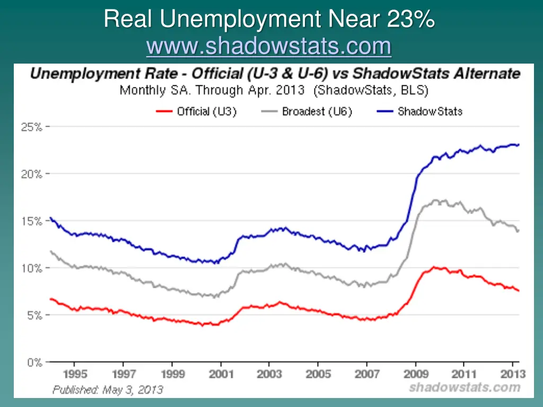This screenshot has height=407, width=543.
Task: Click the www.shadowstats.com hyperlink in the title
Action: coord(269,47)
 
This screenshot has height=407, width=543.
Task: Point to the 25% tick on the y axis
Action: coord(32,127)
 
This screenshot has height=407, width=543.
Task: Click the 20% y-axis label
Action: coord(32,174)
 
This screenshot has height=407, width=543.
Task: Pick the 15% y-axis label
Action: coord(32,221)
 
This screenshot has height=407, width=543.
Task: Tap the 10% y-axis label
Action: coord(32,268)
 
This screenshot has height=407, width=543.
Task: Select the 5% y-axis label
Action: coord(33,315)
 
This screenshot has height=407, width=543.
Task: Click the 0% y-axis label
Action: coord(33,362)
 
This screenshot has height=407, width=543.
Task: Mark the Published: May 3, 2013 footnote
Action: coord(108,390)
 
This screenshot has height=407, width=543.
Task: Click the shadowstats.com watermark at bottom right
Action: coord(465,387)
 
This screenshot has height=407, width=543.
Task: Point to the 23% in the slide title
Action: coord(410,20)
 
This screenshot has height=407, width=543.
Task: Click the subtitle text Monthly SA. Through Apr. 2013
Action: coord(212,90)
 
